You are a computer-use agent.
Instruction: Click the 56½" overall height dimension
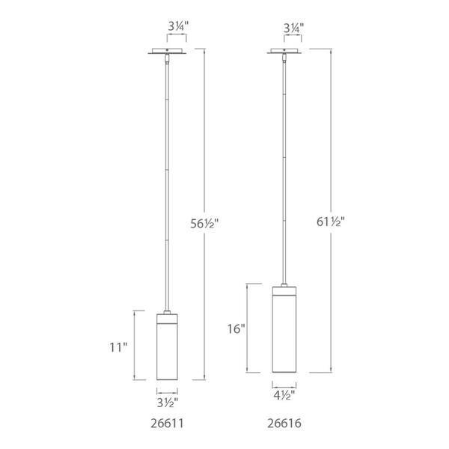coord(204,223)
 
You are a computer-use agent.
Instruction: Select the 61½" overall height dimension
coord(331,222)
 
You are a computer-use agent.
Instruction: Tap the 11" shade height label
coord(118,348)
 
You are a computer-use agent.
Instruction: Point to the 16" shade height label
coord(236,329)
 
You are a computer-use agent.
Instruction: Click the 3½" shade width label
coord(168,403)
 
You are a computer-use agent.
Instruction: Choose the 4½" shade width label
coord(284,395)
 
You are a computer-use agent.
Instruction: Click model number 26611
coord(167,424)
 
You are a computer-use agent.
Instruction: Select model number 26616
coord(284,424)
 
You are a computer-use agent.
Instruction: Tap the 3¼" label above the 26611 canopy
coord(178,27)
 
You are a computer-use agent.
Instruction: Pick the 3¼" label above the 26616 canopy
coord(293,28)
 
